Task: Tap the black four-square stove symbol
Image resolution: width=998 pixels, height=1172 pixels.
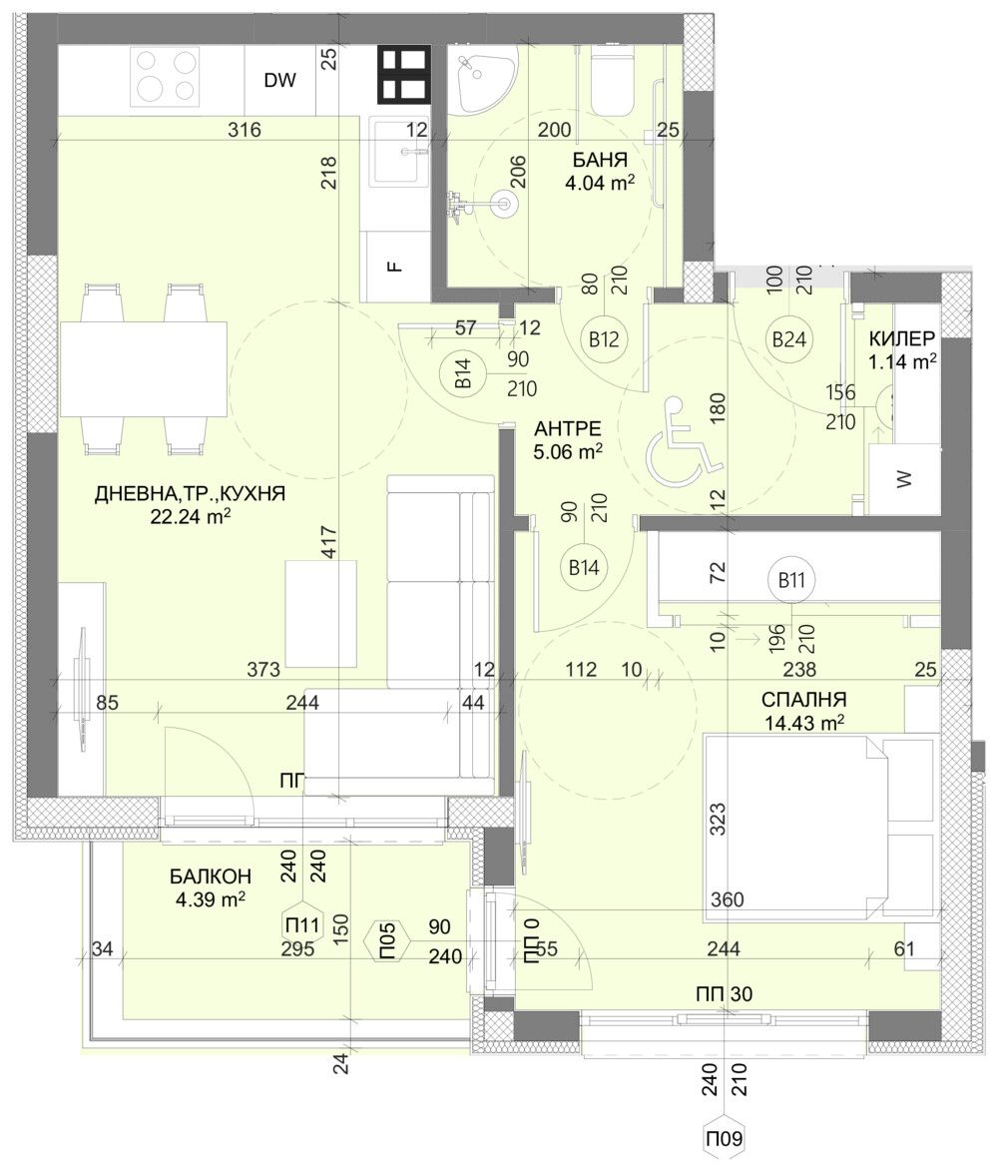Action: click(x=403, y=75)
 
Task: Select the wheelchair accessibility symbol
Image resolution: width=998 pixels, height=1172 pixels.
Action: click(x=685, y=438)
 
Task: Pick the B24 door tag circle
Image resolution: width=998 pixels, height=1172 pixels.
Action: click(x=789, y=339)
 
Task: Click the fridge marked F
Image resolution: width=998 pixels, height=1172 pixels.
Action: click(x=394, y=266)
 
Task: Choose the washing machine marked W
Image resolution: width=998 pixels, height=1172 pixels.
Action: click(x=904, y=479)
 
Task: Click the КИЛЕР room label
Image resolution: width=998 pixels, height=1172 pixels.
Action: click(x=902, y=336)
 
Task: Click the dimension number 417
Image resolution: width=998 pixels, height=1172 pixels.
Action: click(x=329, y=543)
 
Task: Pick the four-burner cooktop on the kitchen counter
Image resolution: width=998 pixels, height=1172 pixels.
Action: click(x=166, y=75)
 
